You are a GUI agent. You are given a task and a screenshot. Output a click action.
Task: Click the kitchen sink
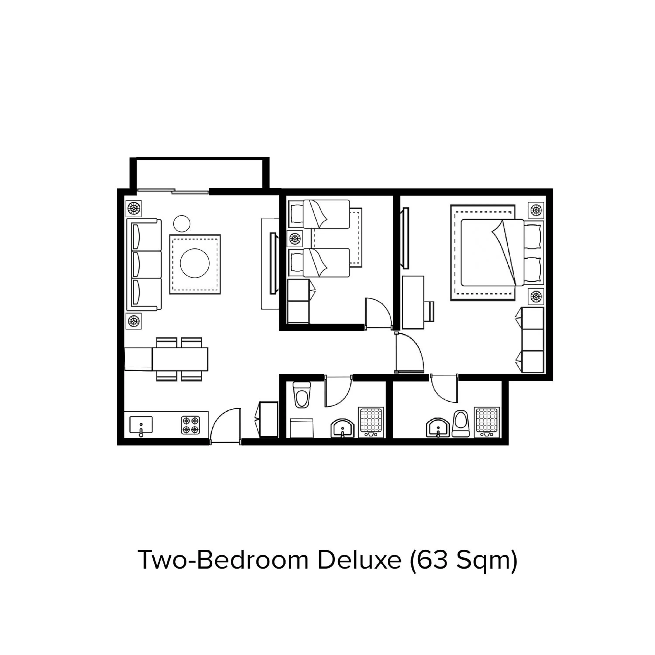[x=141, y=425]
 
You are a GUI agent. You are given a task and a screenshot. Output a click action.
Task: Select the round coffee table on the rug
[x=195, y=264]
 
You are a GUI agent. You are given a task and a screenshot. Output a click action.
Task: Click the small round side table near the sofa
[x=181, y=223]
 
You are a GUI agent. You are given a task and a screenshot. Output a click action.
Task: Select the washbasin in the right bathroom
[x=438, y=428]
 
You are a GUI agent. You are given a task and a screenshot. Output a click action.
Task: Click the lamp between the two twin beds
[x=295, y=239]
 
